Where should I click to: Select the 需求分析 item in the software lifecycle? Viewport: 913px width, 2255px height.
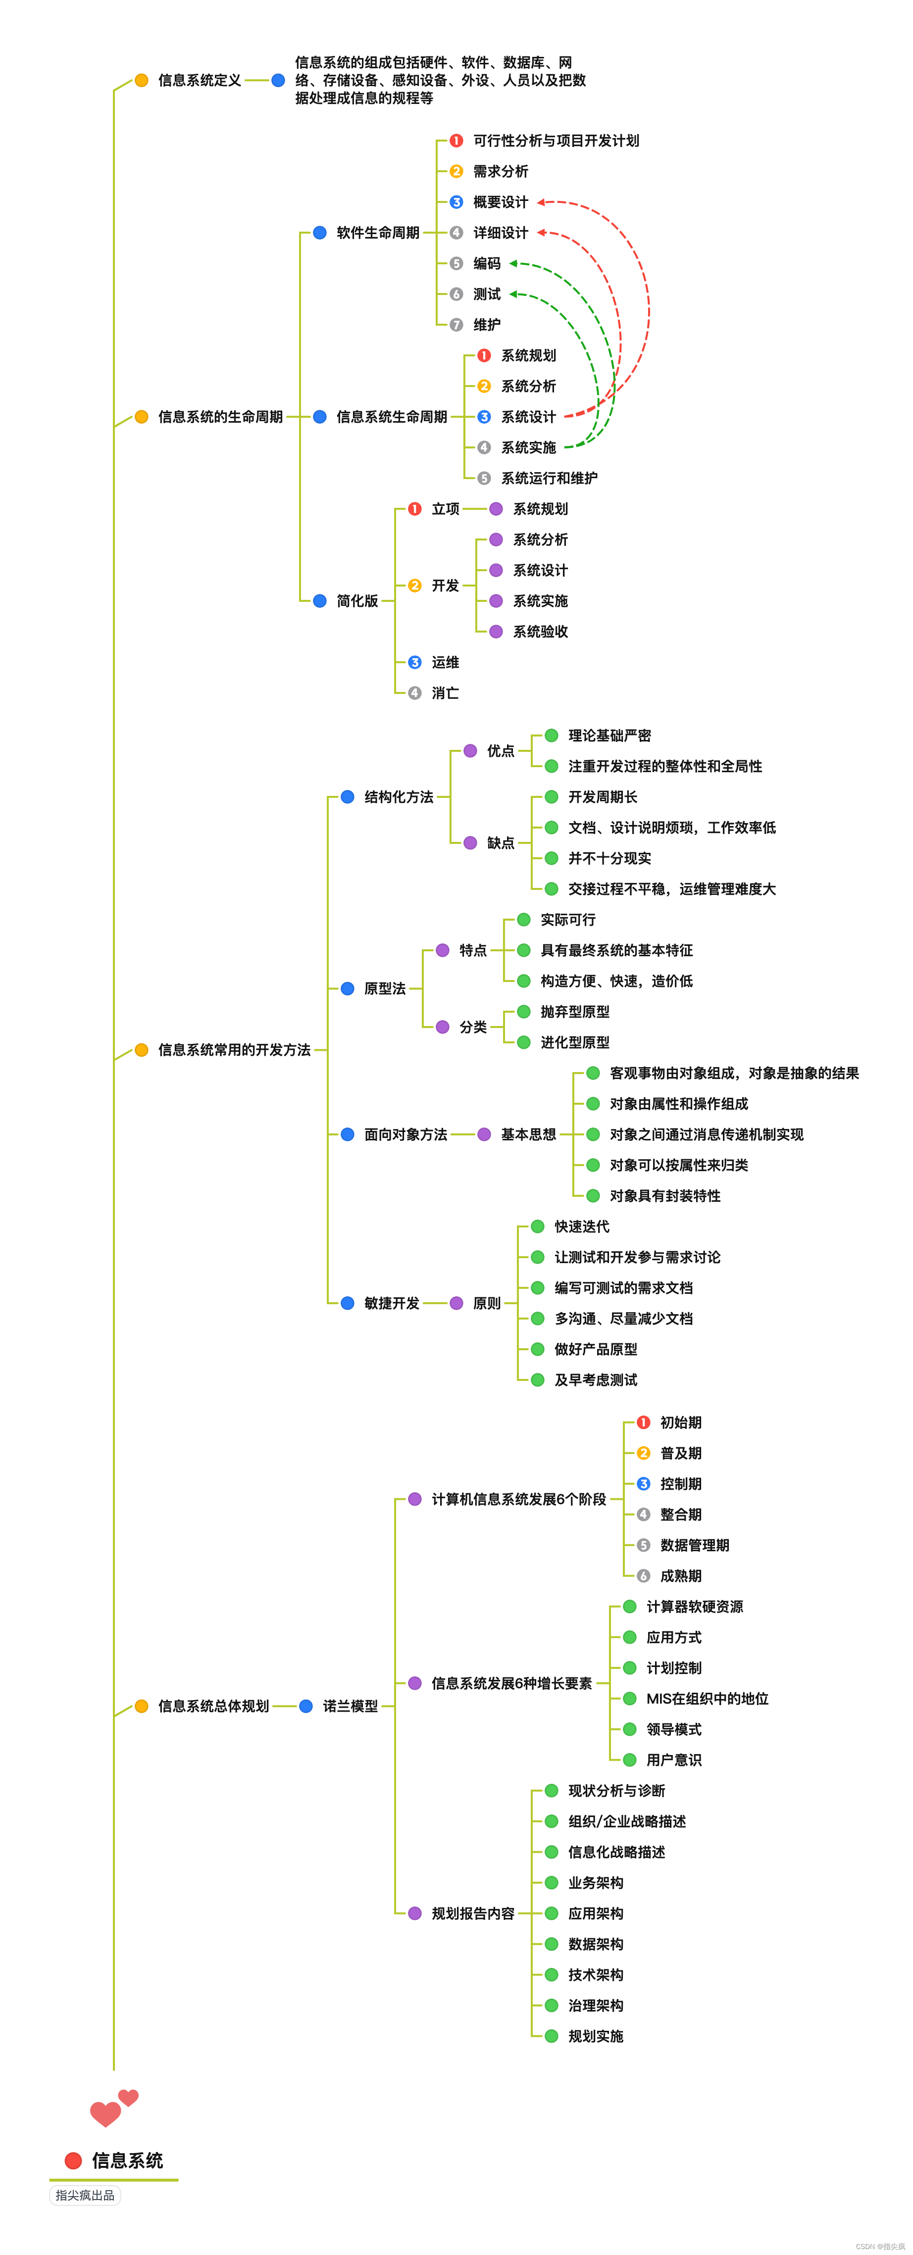500,172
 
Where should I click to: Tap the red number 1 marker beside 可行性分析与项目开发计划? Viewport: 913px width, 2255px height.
456,141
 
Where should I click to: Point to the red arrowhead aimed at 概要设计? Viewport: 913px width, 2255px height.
541,202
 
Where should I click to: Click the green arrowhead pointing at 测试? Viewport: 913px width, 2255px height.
514,294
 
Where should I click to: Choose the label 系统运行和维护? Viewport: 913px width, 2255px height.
549,478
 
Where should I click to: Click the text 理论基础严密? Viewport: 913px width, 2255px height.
609,735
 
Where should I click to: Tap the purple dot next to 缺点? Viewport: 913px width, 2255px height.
470,843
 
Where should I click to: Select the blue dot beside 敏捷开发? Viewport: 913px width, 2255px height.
348,1303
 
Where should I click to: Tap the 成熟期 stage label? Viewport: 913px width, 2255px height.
680,1576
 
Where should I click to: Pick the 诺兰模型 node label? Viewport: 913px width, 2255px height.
350,1706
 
